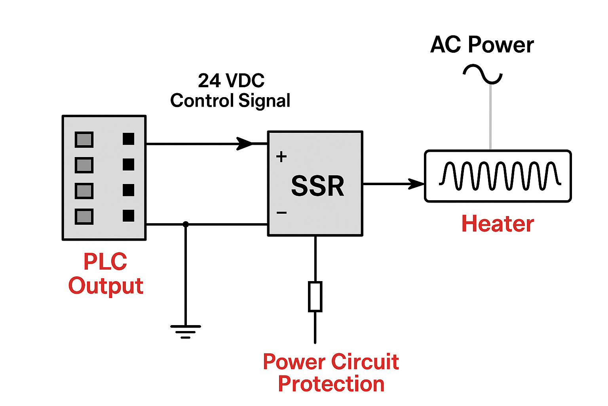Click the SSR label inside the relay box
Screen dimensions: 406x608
point(317,186)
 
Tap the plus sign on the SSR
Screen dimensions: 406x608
point(281,157)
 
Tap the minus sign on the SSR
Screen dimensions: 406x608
point(281,213)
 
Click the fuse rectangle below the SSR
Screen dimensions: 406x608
point(315,297)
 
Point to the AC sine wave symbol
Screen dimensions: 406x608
point(483,75)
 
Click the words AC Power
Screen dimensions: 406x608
point(482,44)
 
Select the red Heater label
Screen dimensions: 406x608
point(498,224)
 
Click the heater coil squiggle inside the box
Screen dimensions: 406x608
point(500,176)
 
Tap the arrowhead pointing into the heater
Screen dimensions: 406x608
point(416,184)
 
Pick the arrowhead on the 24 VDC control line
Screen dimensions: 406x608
point(244,144)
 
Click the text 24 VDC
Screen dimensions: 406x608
point(231,81)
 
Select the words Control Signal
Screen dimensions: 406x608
point(230,101)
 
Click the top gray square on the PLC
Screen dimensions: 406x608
point(84,140)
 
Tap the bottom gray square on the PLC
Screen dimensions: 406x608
point(84,216)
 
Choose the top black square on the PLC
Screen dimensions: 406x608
point(128,139)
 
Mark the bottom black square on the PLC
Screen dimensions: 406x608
point(128,216)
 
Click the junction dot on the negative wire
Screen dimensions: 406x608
point(185,224)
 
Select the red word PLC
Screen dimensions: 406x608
point(105,262)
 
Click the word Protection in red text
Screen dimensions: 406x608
point(331,384)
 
